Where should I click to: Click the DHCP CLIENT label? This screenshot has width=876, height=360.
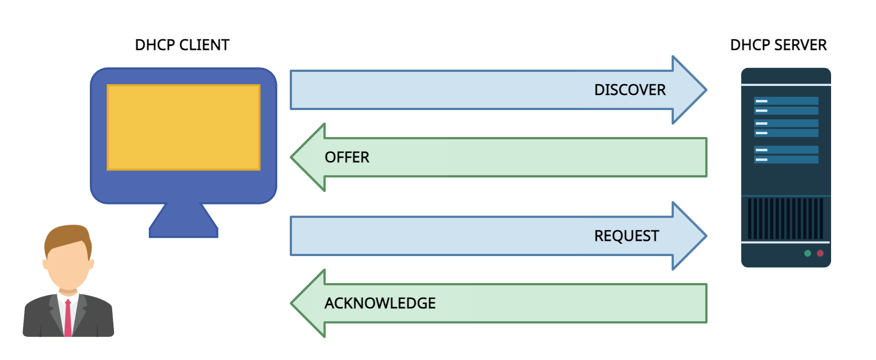pos(182,45)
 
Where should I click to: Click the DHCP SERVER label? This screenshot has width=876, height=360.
pos(778,45)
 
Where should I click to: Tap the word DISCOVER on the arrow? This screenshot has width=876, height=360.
pos(629,90)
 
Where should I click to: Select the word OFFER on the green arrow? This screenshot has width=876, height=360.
pos(347,157)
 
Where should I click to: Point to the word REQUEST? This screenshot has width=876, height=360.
pos(626,236)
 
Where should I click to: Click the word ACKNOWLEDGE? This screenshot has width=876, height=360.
pos(380,303)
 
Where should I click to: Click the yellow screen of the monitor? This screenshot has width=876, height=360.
pos(183,127)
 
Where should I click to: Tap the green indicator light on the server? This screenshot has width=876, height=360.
pos(807,253)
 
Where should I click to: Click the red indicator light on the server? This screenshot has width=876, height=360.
pos(820,253)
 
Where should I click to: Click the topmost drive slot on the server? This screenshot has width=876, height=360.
pos(786,101)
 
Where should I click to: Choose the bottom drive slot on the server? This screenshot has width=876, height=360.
pos(786,160)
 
